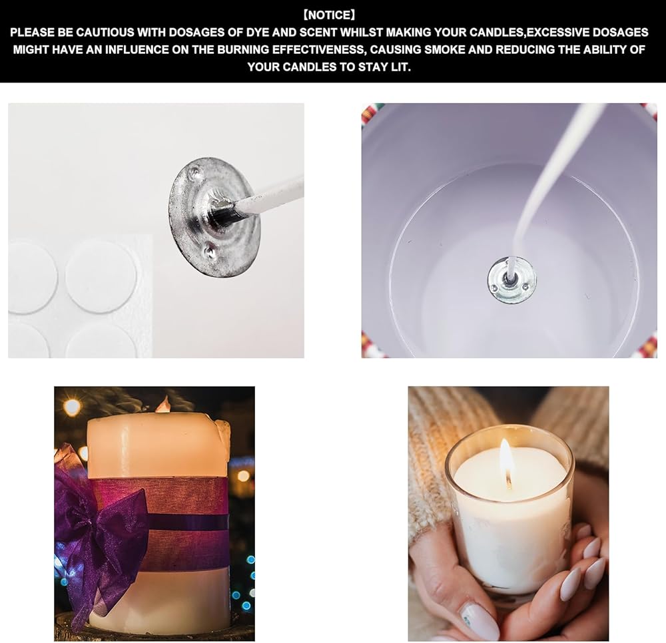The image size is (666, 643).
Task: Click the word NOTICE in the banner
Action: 329,15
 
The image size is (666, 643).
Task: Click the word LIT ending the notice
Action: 400,67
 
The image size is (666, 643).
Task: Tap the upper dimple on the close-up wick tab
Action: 194,172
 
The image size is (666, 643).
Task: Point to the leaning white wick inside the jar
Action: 548,187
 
